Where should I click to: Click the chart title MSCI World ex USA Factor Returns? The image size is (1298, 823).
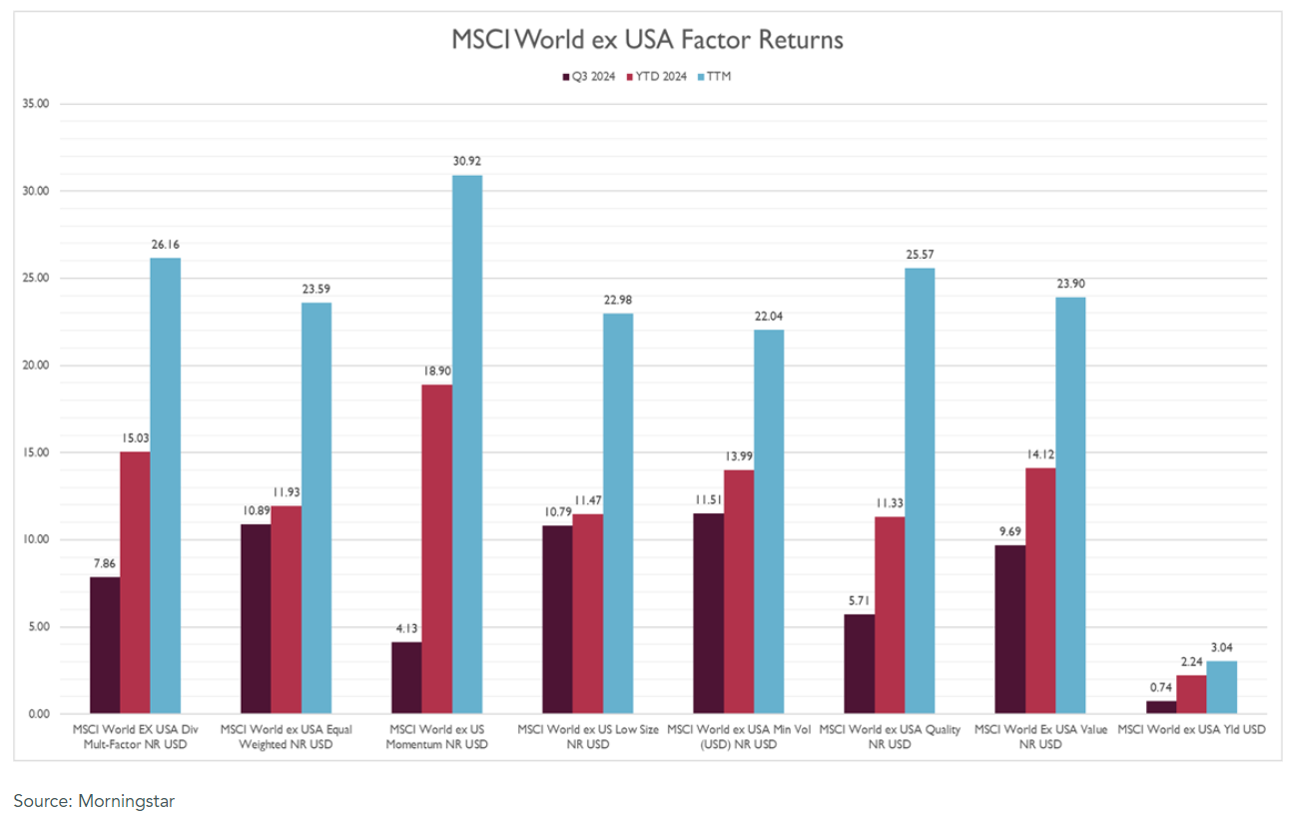648,40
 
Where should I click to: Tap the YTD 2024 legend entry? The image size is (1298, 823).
657,76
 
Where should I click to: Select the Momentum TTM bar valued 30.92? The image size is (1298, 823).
467,444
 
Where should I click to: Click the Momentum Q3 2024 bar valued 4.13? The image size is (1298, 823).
406,678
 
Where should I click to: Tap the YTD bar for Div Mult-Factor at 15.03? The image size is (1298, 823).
135,582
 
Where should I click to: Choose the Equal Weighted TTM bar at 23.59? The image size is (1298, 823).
317,508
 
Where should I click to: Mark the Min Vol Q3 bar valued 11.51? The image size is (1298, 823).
708,613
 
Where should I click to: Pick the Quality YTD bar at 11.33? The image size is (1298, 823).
890,615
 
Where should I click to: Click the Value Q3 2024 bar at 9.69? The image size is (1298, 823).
1010,629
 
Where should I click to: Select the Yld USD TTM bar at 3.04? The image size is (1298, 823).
1222,687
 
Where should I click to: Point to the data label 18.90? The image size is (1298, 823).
436,371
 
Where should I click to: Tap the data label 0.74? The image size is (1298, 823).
1161,687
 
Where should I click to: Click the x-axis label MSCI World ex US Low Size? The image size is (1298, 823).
588,737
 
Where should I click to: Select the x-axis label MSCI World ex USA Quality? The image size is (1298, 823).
890,737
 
